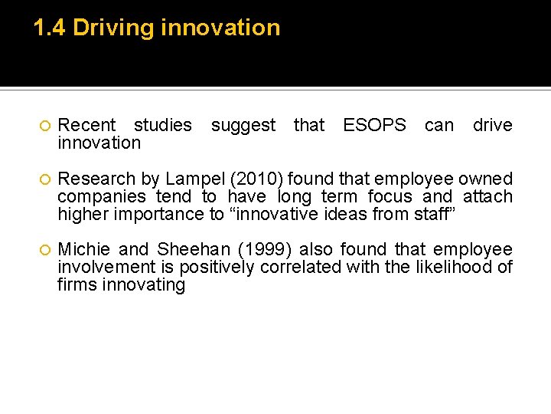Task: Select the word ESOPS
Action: [x=374, y=125]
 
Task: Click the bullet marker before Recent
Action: [x=44, y=126]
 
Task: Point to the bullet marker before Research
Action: [x=44, y=179]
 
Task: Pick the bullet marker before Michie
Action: [x=44, y=250]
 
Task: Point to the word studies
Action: [x=163, y=125]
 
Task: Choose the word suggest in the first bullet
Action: [x=243, y=125]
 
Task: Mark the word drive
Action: [x=492, y=125]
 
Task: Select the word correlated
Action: [x=300, y=267]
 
